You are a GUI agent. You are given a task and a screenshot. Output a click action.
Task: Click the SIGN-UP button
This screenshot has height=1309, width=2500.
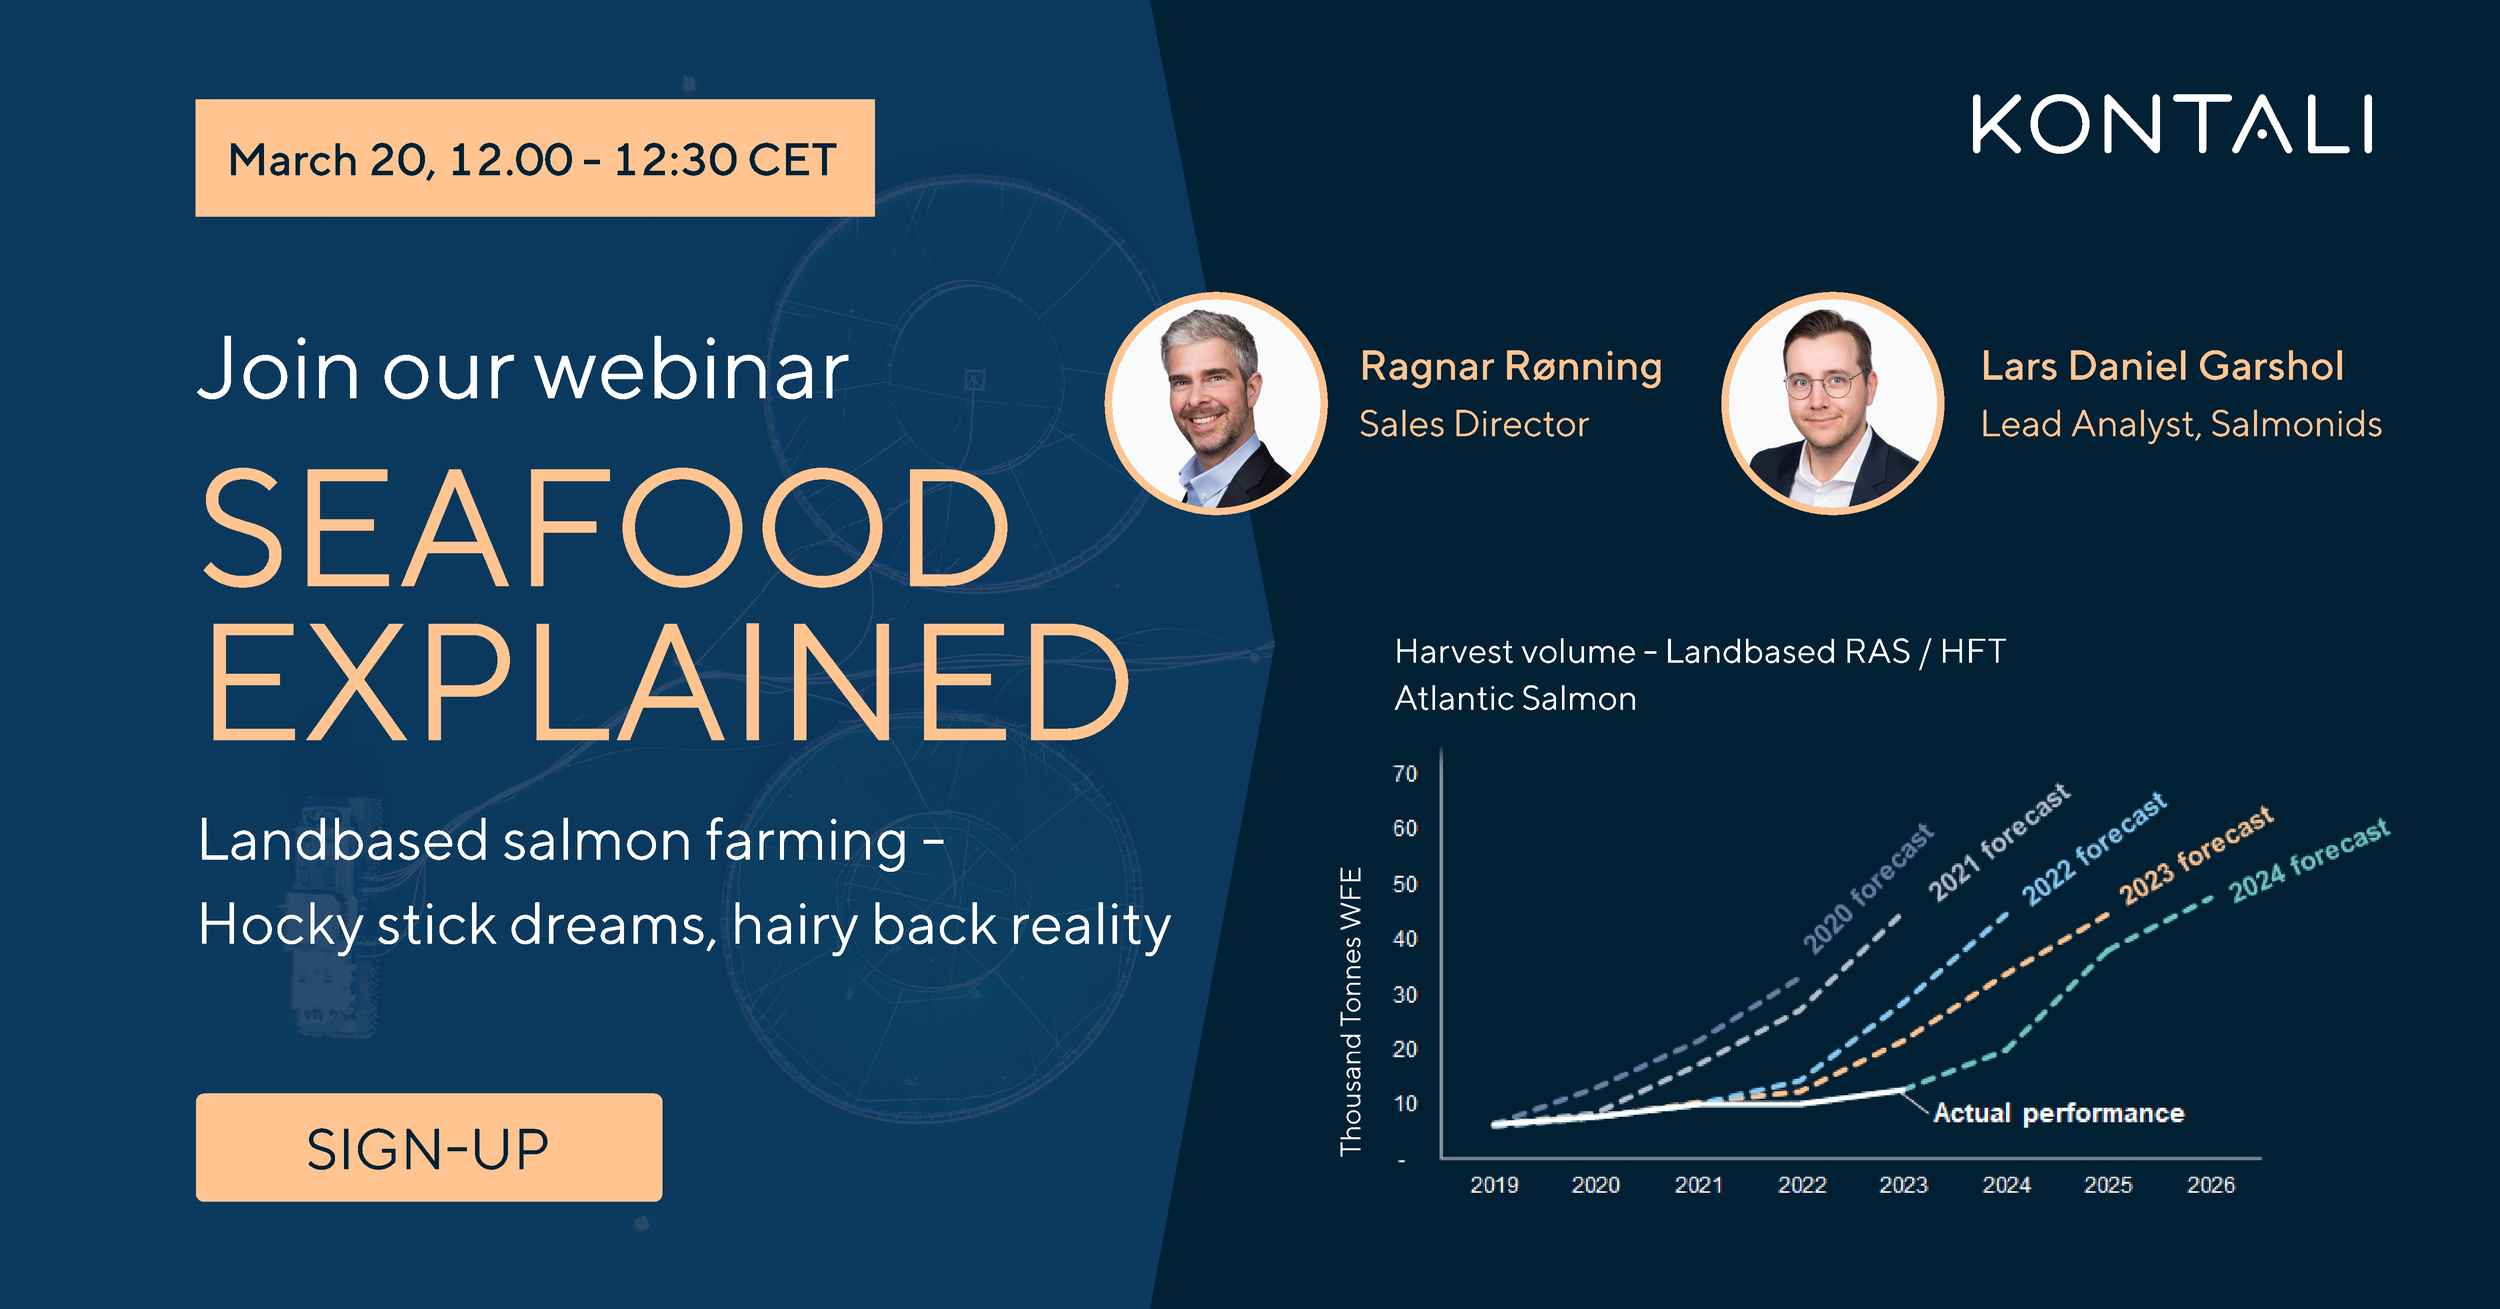pyautogui.click(x=429, y=1147)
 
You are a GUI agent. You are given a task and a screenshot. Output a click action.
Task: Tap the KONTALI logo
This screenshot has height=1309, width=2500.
pyautogui.click(x=2172, y=125)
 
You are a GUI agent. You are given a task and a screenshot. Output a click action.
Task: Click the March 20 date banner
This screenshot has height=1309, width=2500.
pyautogui.click(x=535, y=158)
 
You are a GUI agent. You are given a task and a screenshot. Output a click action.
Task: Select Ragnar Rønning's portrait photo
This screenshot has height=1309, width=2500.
pyautogui.click(x=1216, y=403)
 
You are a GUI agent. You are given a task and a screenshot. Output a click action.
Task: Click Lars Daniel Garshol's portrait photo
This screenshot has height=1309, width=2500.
pyautogui.click(x=1833, y=403)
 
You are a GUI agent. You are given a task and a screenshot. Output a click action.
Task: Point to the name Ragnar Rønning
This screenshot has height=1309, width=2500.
pyautogui.click(x=1511, y=367)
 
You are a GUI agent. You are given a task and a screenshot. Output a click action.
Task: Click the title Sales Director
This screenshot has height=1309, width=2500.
pyautogui.click(x=1474, y=424)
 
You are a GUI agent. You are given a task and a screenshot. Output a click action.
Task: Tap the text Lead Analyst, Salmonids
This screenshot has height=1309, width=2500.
pyautogui.click(x=2181, y=425)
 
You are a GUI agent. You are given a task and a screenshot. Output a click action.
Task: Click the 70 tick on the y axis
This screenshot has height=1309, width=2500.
pyautogui.click(x=1405, y=774)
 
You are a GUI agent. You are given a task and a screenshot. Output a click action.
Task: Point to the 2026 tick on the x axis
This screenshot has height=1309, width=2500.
pyautogui.click(x=2211, y=1185)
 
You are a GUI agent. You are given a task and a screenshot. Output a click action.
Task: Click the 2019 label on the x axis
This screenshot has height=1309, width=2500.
pyautogui.click(x=1494, y=1185)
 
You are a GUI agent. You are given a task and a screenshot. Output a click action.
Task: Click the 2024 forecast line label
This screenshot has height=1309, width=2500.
pyautogui.click(x=2310, y=860)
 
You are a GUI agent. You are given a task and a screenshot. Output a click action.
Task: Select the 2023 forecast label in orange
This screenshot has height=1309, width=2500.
pyautogui.click(x=2197, y=856)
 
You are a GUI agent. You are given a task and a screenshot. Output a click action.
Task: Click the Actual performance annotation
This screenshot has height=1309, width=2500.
pyautogui.click(x=2058, y=1113)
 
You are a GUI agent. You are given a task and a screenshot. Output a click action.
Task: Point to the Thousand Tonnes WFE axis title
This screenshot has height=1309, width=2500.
pyautogui.click(x=1351, y=1012)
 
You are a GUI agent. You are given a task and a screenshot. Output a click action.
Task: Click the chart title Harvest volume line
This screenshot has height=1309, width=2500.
pyautogui.click(x=1700, y=652)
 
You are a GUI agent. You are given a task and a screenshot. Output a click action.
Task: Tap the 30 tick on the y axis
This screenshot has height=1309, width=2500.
pyautogui.click(x=1405, y=995)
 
